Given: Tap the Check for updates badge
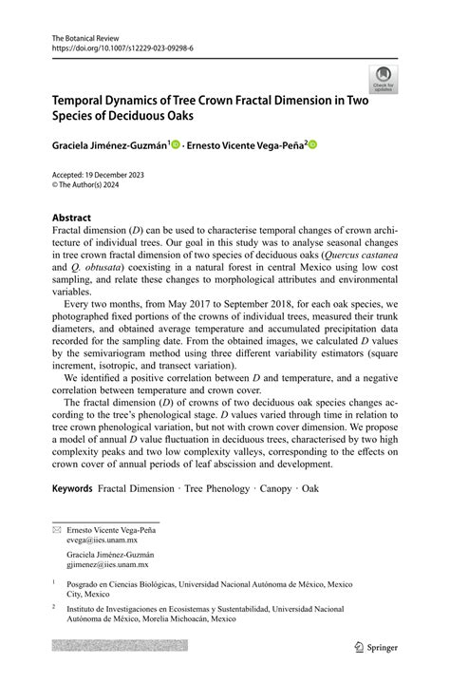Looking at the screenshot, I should [x=384, y=79].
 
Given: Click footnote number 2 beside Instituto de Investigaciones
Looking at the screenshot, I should [x=54, y=604].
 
